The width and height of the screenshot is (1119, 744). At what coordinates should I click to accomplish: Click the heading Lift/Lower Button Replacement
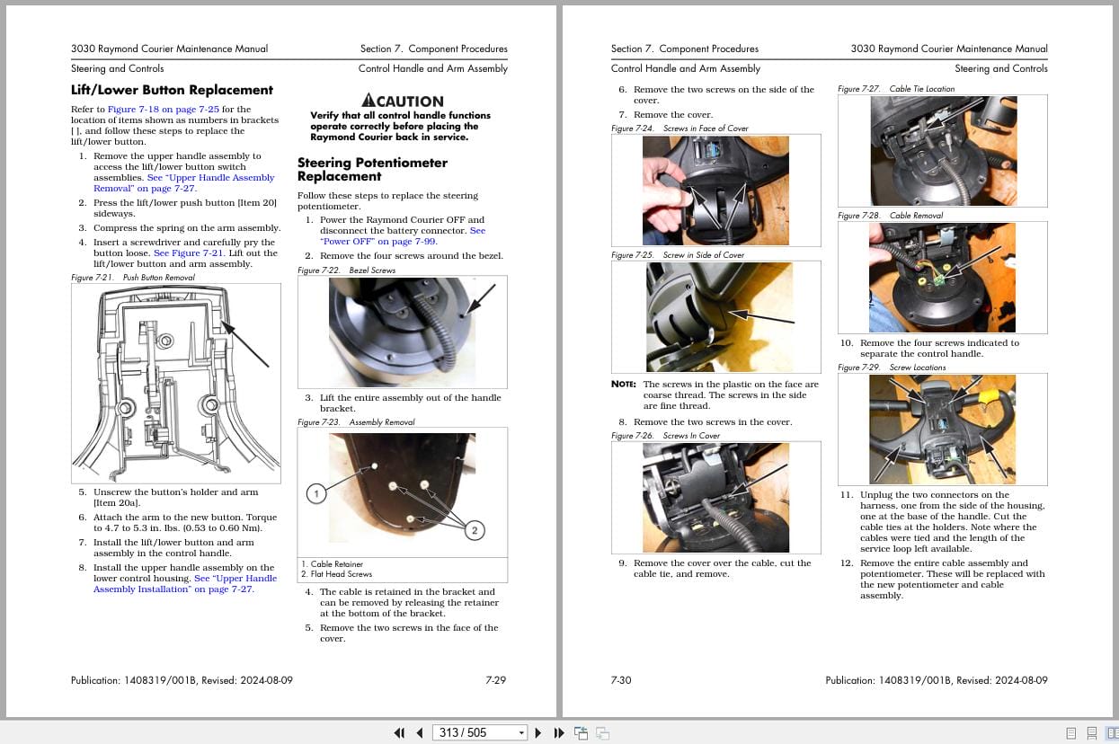[x=172, y=90]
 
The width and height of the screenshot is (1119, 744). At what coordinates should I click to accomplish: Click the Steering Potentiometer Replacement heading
[x=372, y=169]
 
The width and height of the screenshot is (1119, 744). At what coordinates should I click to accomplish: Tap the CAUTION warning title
[x=402, y=101]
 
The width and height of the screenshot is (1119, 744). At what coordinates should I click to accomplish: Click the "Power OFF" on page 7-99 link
[x=378, y=242]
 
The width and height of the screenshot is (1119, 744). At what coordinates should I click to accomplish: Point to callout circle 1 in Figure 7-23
[x=315, y=493]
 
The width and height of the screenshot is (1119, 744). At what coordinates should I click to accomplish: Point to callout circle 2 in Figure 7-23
[x=475, y=530]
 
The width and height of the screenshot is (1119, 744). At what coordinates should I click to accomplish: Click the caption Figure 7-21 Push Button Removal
[x=133, y=278]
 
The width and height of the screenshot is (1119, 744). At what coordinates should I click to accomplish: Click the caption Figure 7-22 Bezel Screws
[x=346, y=270]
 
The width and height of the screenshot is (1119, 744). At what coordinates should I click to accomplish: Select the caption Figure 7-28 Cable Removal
[x=884, y=216]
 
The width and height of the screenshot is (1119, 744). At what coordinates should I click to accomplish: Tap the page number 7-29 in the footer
[x=495, y=680]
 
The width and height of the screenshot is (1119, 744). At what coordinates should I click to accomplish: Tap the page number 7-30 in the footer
[x=621, y=680]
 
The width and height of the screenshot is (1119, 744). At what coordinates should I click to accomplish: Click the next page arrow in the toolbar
[x=538, y=732]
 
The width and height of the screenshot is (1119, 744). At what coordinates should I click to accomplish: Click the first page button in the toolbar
[x=400, y=732]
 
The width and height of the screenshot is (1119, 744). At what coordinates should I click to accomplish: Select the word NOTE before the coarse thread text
[x=623, y=385]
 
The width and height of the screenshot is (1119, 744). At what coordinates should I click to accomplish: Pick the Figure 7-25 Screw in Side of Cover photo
[x=715, y=317]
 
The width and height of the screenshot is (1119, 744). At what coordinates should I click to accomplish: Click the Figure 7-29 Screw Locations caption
[x=892, y=368]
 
